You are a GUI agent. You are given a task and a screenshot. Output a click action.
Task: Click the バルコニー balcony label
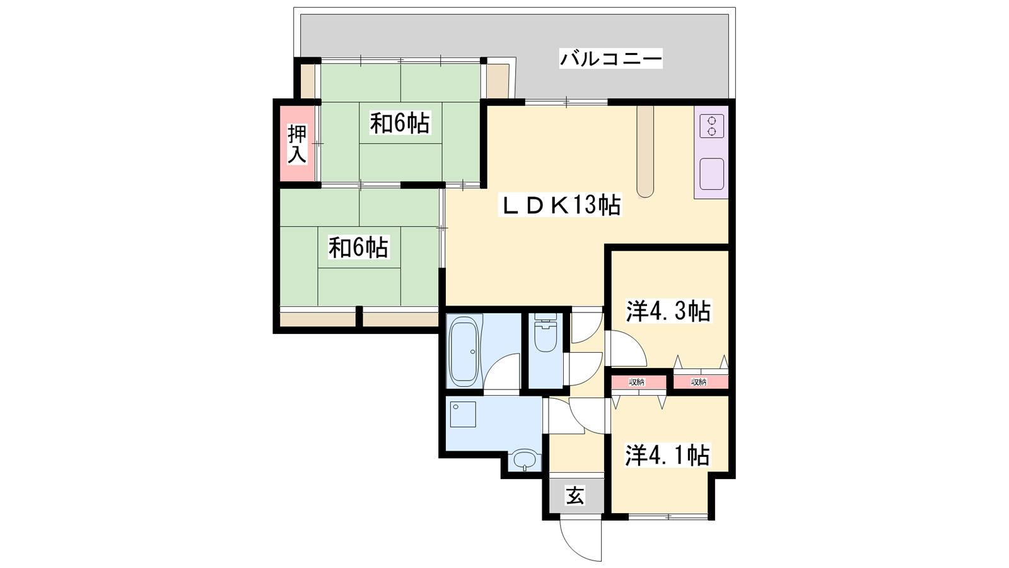(611, 59)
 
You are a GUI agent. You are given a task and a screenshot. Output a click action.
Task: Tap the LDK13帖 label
(560, 205)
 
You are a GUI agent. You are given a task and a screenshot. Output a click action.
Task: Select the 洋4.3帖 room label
(668, 312)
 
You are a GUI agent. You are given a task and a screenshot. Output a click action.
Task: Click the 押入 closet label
(297, 145)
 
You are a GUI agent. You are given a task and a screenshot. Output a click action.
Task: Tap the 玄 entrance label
(576, 495)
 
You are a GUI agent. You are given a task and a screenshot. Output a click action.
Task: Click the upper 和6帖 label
(400, 123)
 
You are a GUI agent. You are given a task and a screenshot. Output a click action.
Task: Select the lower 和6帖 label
(358, 247)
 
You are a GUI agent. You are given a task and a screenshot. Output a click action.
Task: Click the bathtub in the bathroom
(464, 351)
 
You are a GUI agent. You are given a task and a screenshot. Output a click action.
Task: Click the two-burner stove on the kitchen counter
(712, 126)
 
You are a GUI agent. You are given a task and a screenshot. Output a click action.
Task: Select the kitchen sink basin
(712, 174)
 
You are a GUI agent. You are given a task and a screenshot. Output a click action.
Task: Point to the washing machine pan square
(463, 414)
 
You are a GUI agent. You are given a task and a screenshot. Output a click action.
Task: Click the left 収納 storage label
(636, 382)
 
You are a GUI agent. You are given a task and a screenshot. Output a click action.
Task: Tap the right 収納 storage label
(699, 382)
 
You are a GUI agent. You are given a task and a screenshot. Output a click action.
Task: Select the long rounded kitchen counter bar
(645, 151)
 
